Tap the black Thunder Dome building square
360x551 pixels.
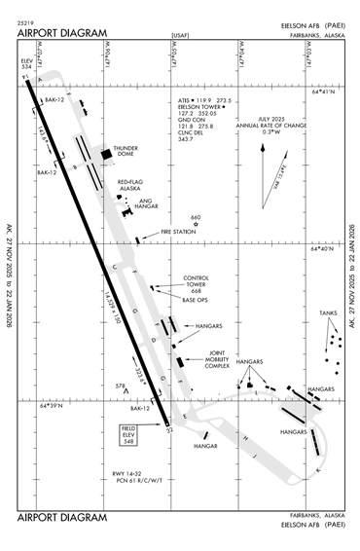[106, 154]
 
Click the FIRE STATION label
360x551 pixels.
[178, 232]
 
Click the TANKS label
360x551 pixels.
[328, 312]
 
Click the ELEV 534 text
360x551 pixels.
[26, 63]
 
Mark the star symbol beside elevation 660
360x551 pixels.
[196, 226]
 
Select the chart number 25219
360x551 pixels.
[28, 20]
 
